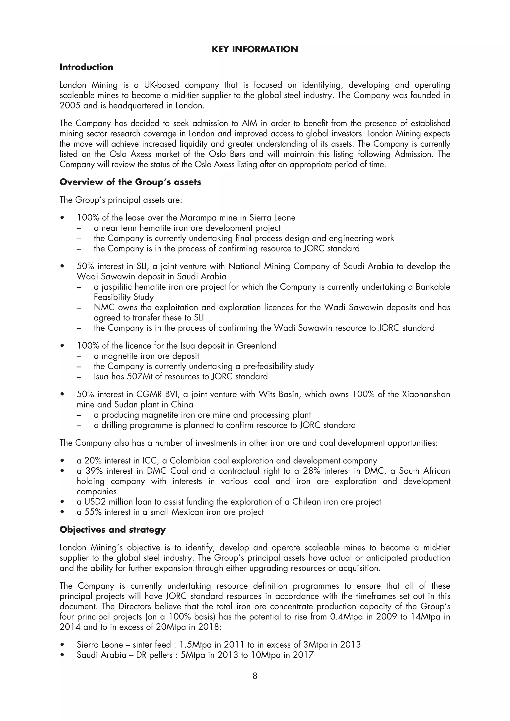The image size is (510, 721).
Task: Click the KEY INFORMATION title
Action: (x=255, y=49)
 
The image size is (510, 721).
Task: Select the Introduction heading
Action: (x=86, y=67)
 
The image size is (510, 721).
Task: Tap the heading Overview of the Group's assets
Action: (x=130, y=182)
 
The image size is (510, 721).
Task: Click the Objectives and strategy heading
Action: (x=113, y=530)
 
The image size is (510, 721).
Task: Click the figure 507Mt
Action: (x=139, y=376)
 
